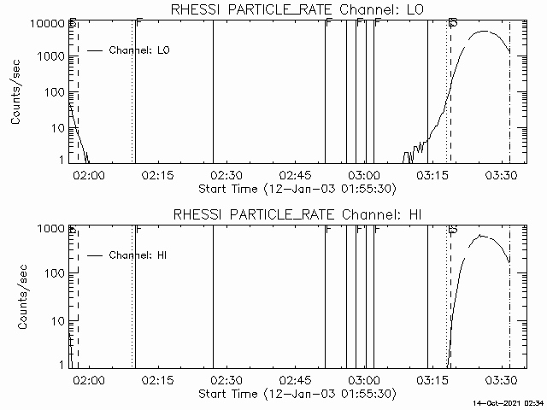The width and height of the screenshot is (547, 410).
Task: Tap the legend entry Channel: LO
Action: (140, 50)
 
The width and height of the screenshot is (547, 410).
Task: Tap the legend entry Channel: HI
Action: (140, 255)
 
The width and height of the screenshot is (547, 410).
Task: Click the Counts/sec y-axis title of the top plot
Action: (17, 93)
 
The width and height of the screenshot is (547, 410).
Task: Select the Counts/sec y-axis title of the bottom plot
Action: (17, 298)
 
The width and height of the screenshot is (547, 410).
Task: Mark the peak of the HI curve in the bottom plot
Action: (482, 235)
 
